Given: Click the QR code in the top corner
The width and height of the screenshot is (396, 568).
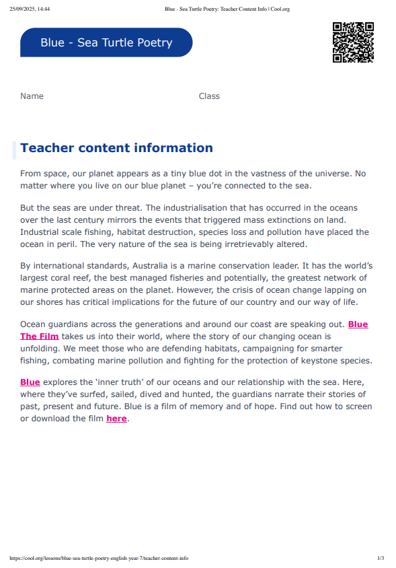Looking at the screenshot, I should click(353, 42).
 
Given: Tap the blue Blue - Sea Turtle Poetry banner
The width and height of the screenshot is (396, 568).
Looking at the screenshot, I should click(106, 42).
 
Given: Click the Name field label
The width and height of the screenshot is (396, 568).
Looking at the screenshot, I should click(32, 96).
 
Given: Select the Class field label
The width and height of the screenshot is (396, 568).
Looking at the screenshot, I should click(209, 96).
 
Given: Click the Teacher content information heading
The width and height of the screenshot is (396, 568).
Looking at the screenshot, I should click(116, 148).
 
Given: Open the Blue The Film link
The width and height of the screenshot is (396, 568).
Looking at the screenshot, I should click(40, 336).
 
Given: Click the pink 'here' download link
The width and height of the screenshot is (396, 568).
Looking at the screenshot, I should click(116, 419).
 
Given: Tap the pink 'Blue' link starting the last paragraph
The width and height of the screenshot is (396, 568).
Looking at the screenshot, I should click(30, 382).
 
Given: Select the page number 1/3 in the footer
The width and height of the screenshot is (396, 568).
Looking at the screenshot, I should click(381, 558).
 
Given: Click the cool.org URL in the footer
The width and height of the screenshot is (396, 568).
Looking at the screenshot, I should click(99, 558).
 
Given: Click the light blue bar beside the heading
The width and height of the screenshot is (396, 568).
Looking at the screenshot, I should click(14, 150).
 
